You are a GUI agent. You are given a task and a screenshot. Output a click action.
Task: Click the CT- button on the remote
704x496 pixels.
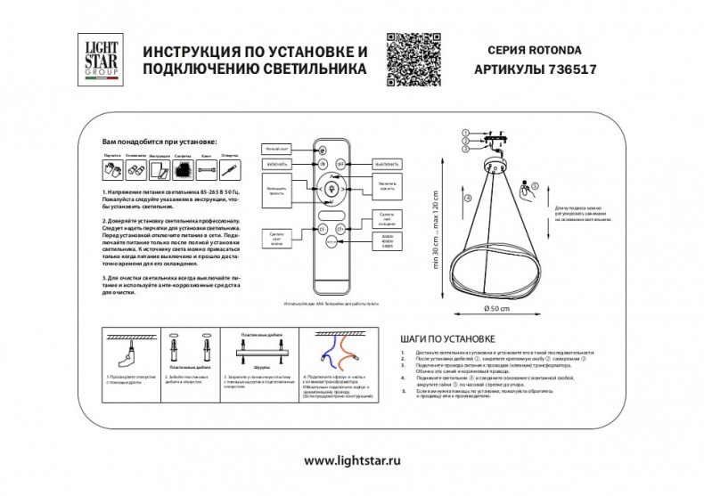click(321, 230)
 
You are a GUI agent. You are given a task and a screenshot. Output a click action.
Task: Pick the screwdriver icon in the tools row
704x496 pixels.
click(230, 167)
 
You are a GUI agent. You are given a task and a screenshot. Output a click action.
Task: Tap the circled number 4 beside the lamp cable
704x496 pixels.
click(469, 200)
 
